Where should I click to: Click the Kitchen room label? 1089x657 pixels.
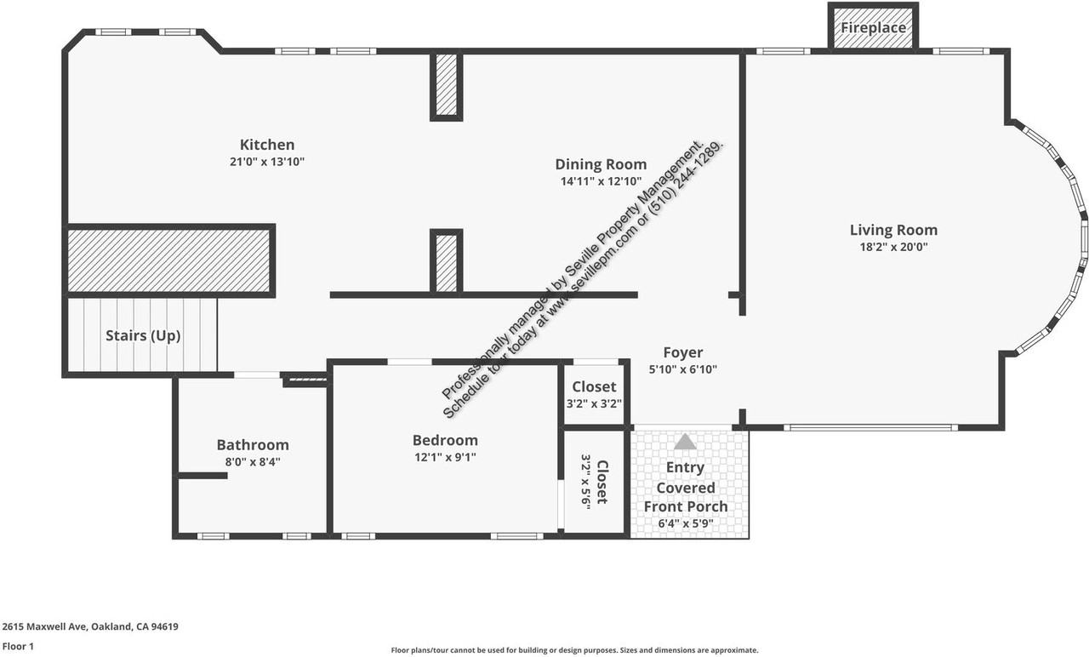[266, 145]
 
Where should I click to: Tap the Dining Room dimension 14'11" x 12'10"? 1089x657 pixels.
[601, 181]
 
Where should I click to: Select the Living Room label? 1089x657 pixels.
[893, 230]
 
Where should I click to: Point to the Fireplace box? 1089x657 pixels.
[873, 28]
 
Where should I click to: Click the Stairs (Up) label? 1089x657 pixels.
[143, 335]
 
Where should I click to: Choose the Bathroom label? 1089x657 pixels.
[253, 444]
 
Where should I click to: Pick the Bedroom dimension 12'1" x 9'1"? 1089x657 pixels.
[445, 457]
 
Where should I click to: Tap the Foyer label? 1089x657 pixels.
[683, 352]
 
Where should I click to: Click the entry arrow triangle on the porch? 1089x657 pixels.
[685, 442]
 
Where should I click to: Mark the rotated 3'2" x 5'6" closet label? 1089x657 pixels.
[594, 482]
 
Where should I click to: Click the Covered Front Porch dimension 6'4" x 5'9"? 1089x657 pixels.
[685, 524]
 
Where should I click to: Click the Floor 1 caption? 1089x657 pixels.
[18, 647]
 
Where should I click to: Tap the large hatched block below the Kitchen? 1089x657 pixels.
[169, 260]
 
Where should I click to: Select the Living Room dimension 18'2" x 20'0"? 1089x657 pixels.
[893, 248]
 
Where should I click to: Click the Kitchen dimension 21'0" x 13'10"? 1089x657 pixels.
[266, 162]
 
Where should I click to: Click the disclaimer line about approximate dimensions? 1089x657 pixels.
[574, 650]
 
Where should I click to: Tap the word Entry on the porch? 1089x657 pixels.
[685, 467]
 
